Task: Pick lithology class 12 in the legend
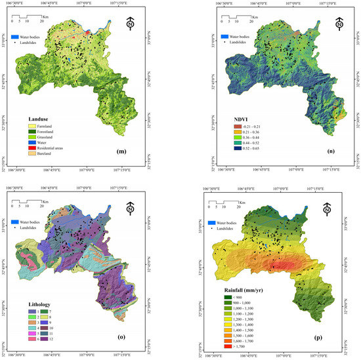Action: (54, 339)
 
